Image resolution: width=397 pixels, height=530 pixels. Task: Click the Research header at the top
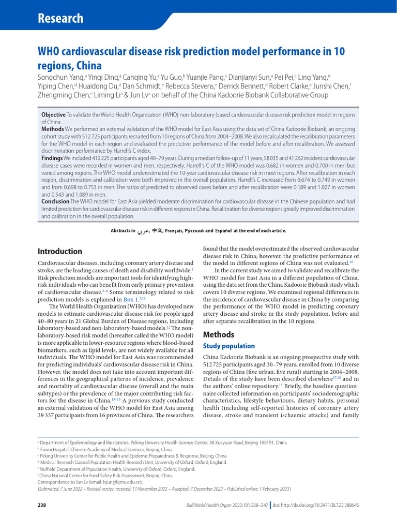coord(60,19)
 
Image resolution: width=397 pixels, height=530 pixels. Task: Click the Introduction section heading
coord(60,252)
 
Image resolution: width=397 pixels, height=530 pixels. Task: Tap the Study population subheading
coord(229,346)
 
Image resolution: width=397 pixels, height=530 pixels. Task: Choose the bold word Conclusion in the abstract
coord(56,201)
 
